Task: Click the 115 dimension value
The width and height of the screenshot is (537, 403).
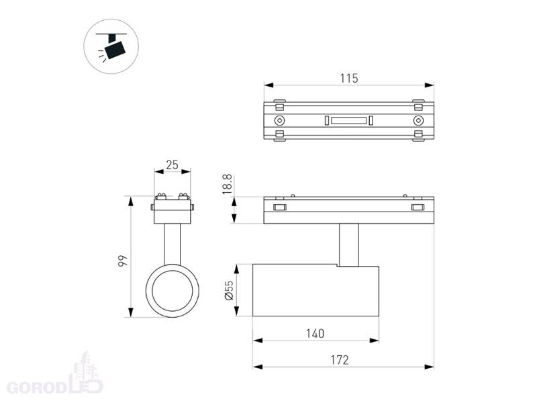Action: (348, 79)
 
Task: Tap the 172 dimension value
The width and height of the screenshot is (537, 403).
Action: (340, 360)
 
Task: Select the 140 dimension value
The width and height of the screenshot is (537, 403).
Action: (315, 333)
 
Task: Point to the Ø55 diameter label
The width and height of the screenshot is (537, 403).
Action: (229, 290)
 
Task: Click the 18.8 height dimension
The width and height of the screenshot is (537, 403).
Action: (228, 184)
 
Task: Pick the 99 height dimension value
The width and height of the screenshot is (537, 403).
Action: (123, 261)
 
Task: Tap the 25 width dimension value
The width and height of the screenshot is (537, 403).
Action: (173, 165)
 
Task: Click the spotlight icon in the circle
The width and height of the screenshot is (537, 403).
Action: (111, 46)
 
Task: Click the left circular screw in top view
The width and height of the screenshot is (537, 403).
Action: (280, 121)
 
